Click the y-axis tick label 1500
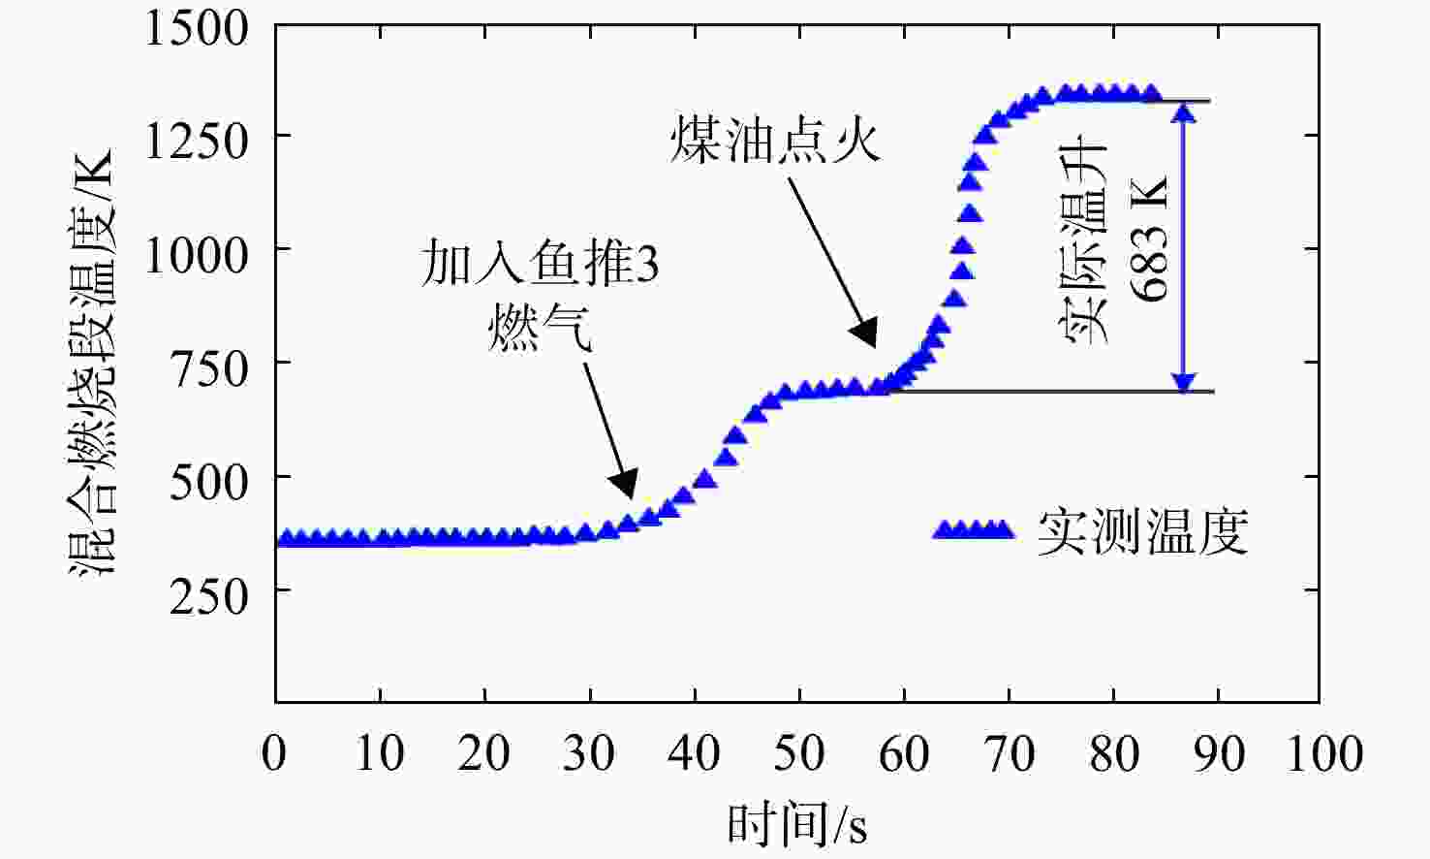(x=197, y=29)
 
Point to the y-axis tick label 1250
(x=197, y=142)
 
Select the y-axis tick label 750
(x=208, y=369)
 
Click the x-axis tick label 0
(x=274, y=753)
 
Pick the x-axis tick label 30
(x=589, y=753)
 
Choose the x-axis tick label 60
(x=904, y=753)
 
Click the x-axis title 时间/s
(x=797, y=824)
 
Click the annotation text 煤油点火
(x=776, y=140)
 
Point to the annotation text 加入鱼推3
(x=540, y=263)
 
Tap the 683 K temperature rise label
(x=1150, y=239)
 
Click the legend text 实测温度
(x=1142, y=532)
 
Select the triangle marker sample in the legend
(x=974, y=529)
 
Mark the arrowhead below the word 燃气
(x=625, y=486)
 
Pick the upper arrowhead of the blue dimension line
(x=1184, y=112)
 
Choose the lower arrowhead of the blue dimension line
(x=1184, y=381)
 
